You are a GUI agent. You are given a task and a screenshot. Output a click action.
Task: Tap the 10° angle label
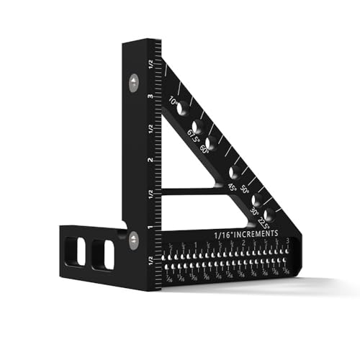pos(174,102)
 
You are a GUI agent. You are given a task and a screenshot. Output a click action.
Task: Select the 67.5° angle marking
pos(193,135)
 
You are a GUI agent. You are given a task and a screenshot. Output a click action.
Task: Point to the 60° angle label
pos(205,150)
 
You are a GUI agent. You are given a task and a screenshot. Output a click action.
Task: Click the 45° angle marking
pos(233,187)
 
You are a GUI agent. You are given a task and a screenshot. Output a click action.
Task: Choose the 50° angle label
pos(246,191)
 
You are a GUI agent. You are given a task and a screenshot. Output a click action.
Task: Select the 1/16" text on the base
pos(222,235)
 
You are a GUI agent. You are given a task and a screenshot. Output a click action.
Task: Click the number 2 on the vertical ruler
pos(149,160)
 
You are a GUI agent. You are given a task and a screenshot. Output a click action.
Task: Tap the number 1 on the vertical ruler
pos(149,227)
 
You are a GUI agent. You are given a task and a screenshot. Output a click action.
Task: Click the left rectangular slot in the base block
pos(80,253)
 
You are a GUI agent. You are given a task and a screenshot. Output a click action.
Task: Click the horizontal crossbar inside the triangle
pos(189,192)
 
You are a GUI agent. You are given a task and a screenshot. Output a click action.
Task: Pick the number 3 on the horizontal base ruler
pos(287,241)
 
